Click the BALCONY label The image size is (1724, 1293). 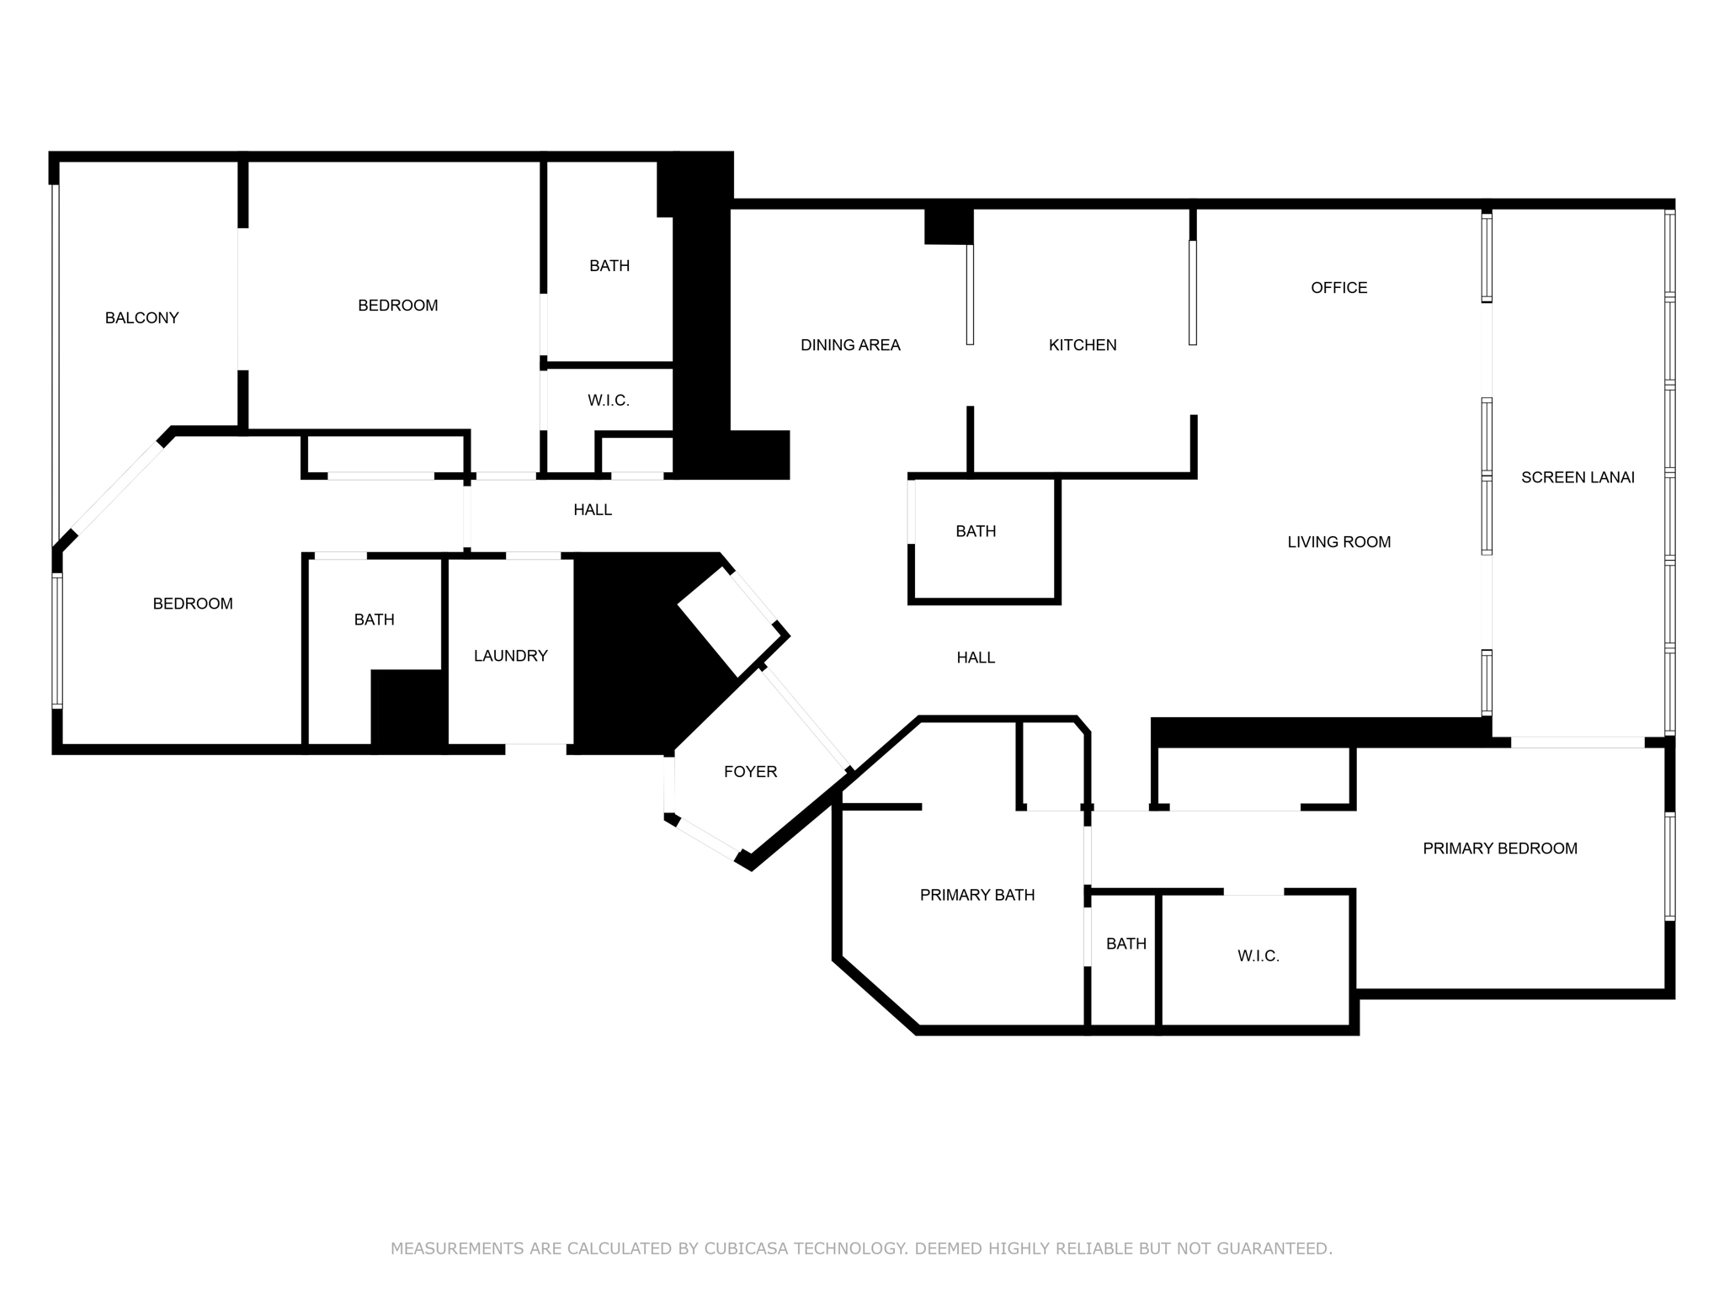[141, 317]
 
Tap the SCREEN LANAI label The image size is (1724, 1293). [1578, 477]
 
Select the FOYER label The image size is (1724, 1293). [750, 771]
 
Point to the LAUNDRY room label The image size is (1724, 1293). [510, 656]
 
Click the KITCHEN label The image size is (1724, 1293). [1083, 344]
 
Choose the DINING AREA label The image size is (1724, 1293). [850, 344]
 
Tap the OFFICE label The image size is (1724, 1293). [1338, 288]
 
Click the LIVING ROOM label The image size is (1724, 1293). [1338, 542]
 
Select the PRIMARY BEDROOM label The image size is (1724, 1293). [1499, 849]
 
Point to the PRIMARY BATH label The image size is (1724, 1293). [976, 895]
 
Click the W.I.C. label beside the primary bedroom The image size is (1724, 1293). [1258, 955]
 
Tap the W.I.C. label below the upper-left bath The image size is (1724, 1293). [608, 401]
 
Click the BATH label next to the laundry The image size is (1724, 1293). [374, 620]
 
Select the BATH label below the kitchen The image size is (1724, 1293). [976, 531]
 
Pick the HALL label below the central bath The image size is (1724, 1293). [976, 657]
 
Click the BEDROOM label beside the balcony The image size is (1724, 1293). [397, 306]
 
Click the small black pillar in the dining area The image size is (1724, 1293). [949, 226]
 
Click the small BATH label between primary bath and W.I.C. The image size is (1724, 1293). [1125, 944]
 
